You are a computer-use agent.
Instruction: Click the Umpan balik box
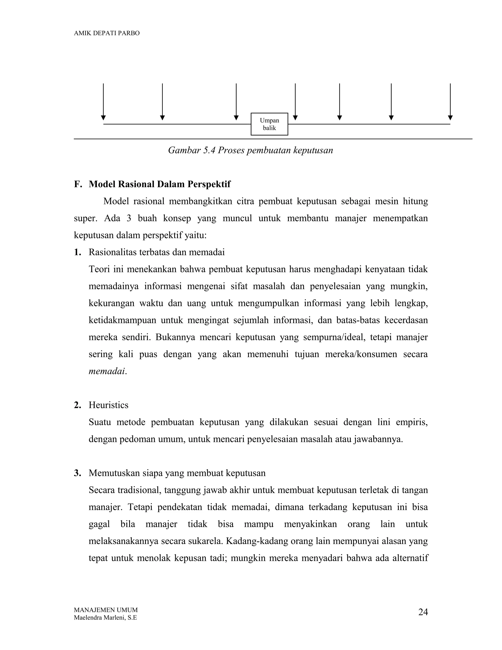(269, 124)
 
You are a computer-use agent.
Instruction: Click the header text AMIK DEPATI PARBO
(106, 33)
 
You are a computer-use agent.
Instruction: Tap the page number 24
(423, 612)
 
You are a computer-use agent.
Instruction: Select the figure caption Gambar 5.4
(251, 150)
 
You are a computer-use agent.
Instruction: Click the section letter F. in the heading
(78, 184)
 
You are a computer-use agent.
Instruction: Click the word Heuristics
(109, 405)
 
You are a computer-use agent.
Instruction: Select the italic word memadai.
(107, 371)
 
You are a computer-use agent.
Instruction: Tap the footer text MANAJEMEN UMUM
(106, 610)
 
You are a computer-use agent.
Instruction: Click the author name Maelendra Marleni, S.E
(105, 618)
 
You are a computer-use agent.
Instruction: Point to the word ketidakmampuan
(122, 320)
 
